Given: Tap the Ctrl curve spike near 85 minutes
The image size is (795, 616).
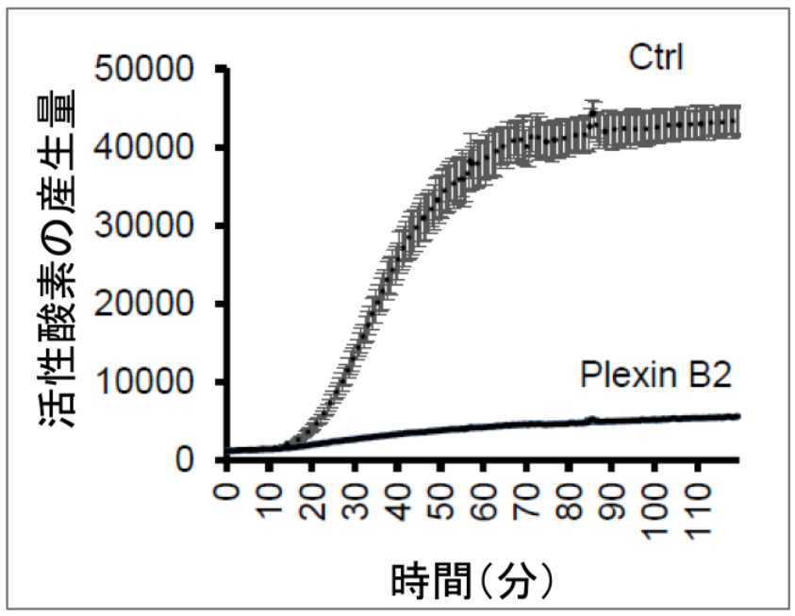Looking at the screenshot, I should (592, 112).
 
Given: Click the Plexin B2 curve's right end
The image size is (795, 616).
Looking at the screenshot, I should (736, 416).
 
